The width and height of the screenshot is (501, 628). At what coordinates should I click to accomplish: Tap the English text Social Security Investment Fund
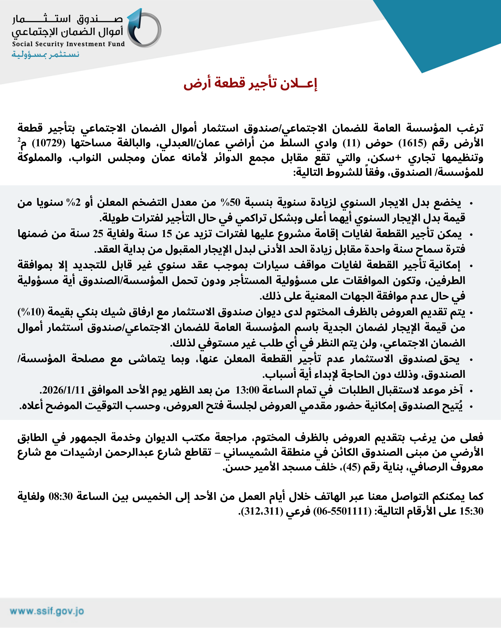[x=68, y=44]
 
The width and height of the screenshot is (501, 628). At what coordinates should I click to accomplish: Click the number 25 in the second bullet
[x=98, y=234]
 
